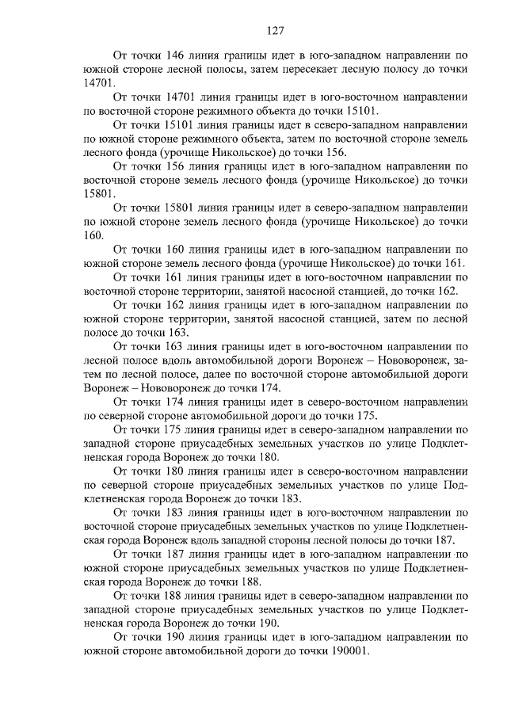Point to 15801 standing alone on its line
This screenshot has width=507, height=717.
99,193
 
